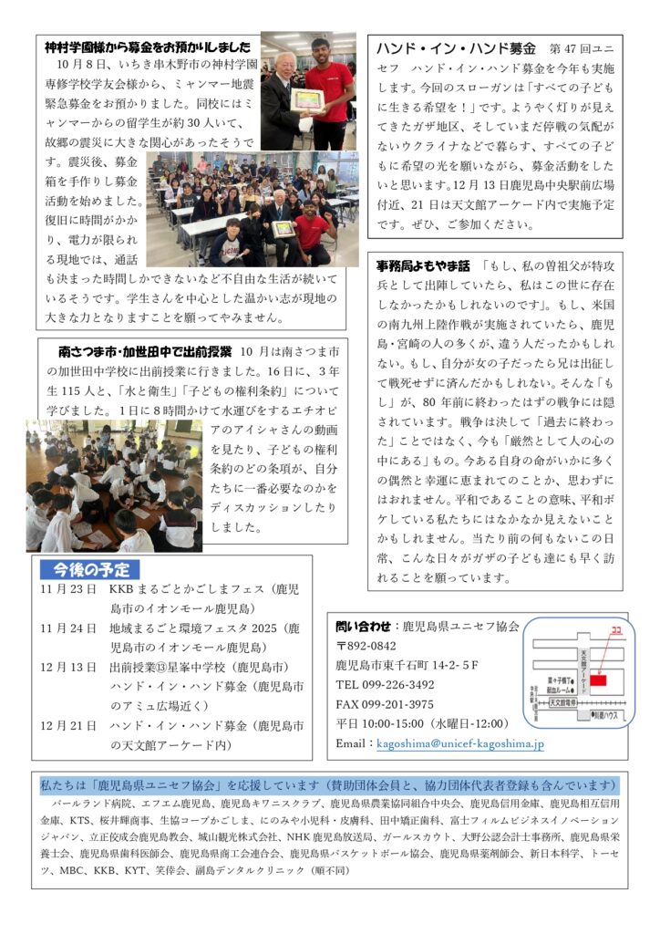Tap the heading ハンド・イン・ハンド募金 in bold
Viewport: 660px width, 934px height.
455,47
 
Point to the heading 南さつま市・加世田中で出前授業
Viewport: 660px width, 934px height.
145,351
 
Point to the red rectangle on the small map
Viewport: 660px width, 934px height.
597,680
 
